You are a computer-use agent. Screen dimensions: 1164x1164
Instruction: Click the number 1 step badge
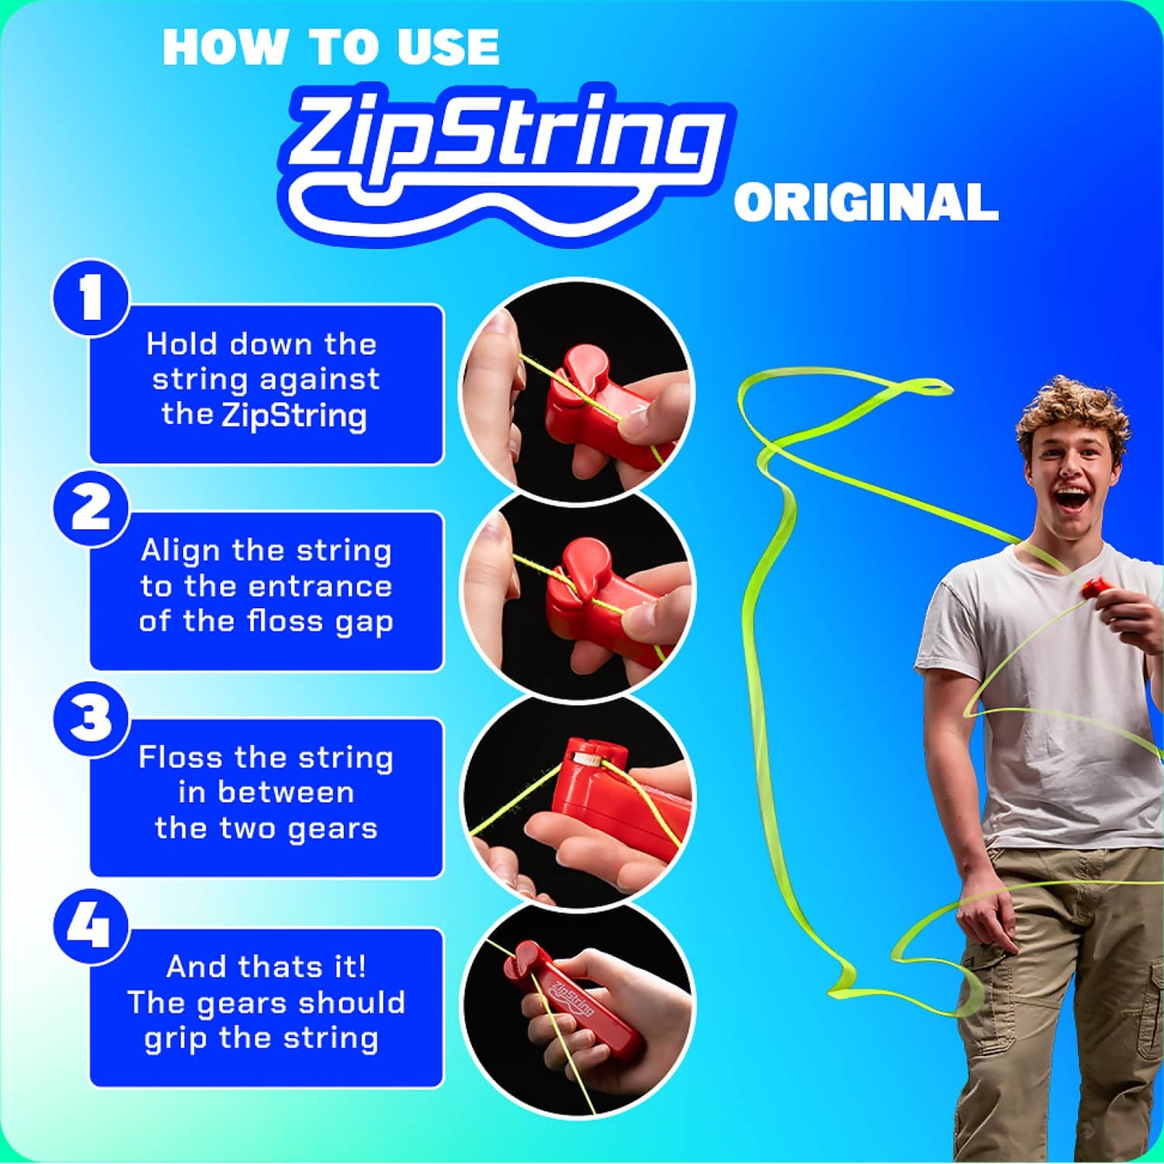pyautogui.click(x=91, y=297)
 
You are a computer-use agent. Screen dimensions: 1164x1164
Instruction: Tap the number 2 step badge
pyautogui.click(x=91, y=508)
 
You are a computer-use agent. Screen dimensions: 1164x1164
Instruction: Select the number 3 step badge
pyautogui.click(x=91, y=718)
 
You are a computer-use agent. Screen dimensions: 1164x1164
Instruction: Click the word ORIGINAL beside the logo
pyautogui.click(x=866, y=202)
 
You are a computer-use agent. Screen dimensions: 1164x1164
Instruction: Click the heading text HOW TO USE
pyautogui.click(x=331, y=48)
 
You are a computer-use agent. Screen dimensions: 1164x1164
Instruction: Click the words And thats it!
pyautogui.click(x=266, y=967)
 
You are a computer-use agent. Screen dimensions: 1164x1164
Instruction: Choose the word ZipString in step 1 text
pyautogui.click(x=294, y=416)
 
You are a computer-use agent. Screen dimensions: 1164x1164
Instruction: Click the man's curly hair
pyautogui.click(x=1071, y=411)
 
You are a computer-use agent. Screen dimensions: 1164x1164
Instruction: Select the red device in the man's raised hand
pyautogui.click(x=1096, y=587)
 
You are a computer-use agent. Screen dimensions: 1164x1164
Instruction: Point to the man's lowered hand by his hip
pyautogui.click(x=986, y=914)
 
